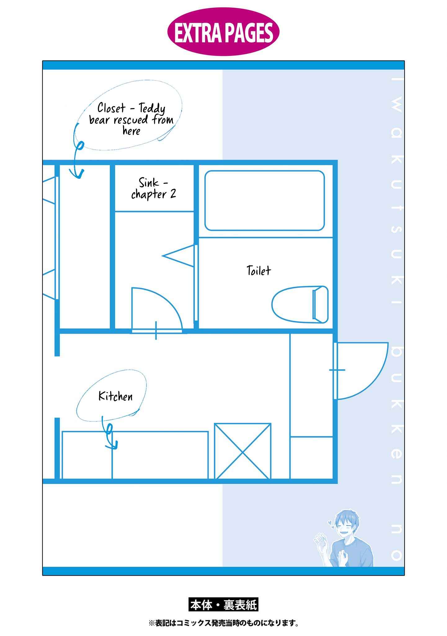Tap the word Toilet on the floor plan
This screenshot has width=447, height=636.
(x=259, y=270)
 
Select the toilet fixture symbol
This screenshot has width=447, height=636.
(x=300, y=304)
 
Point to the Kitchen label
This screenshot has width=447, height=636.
(x=115, y=396)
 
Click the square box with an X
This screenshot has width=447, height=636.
(x=243, y=451)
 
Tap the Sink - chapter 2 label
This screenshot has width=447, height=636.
(x=154, y=188)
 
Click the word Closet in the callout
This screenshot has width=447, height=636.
(x=111, y=108)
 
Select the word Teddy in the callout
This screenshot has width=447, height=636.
(x=152, y=109)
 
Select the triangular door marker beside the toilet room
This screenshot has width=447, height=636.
(x=178, y=255)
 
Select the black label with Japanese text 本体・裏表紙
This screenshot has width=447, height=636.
(x=223, y=605)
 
